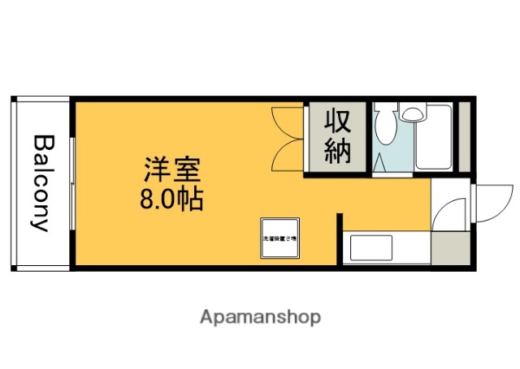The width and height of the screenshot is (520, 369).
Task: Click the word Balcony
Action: (41, 182)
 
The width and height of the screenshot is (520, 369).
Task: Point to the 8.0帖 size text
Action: (173, 199)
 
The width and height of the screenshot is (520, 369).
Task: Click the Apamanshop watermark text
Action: (260, 316)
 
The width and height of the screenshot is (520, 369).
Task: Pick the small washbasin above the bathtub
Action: (414, 114)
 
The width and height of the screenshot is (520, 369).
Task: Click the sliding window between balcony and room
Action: (71, 182)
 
